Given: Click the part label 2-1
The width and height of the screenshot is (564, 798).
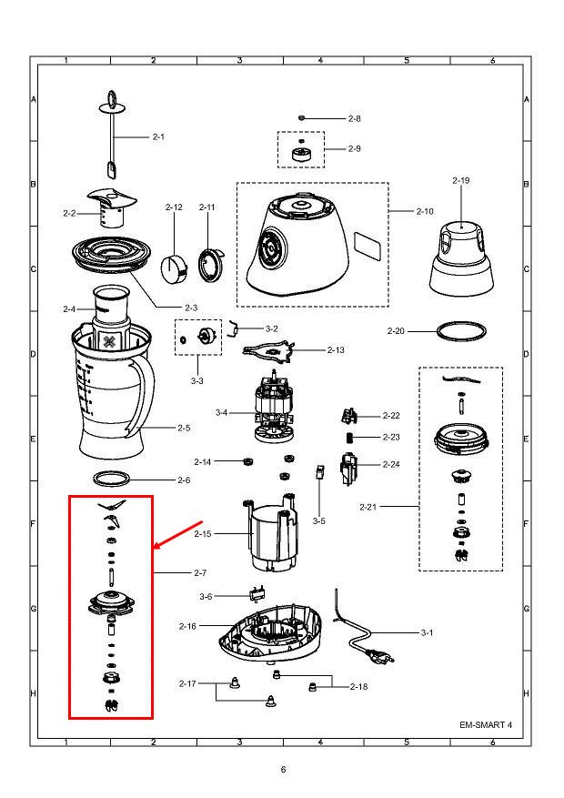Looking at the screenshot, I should point(158,136).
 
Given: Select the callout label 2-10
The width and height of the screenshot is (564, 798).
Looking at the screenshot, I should point(425,211).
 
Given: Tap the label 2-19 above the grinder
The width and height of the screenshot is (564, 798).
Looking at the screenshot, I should point(460,181).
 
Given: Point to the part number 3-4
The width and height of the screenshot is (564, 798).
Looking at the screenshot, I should point(221,413).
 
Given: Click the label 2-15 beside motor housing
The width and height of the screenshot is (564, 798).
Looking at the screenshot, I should point(202,534).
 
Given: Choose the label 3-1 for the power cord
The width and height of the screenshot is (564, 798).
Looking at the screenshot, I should point(427,632).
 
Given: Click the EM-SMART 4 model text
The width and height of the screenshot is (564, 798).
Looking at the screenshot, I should point(486,724).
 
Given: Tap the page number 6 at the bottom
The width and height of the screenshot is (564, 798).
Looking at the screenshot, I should point(283,770).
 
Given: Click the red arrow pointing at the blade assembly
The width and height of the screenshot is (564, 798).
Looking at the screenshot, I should point(178,534).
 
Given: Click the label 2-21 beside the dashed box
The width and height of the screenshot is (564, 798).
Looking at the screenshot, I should point(368,507).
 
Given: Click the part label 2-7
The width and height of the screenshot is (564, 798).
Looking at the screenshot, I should point(200,573).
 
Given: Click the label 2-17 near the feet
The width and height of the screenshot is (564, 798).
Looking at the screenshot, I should point(187,683).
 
